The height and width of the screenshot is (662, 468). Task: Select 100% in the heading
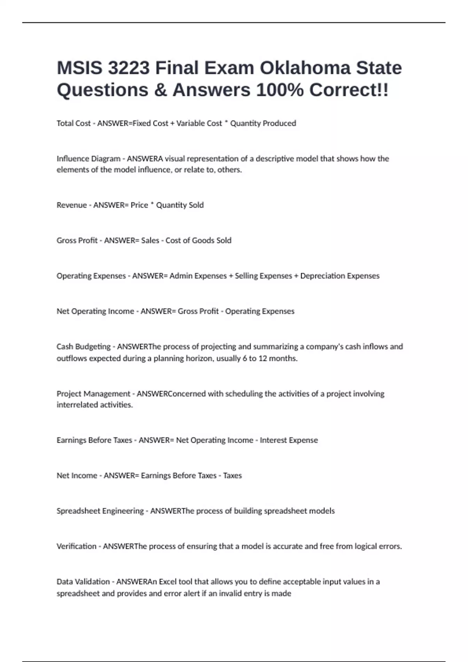(x=280, y=90)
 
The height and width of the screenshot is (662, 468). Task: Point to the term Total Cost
(x=73, y=123)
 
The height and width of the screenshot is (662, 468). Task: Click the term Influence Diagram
(x=88, y=159)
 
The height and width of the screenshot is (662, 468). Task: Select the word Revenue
(x=71, y=205)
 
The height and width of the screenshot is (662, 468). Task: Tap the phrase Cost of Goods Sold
(x=198, y=241)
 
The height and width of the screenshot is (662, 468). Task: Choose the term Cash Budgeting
(x=83, y=347)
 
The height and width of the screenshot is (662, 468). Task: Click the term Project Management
(x=93, y=394)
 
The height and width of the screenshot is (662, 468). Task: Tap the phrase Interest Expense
(x=289, y=440)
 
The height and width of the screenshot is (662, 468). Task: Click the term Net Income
(x=76, y=475)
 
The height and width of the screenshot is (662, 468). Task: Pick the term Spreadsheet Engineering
(x=100, y=511)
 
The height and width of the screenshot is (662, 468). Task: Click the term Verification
(x=76, y=546)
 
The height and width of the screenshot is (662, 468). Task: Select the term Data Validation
(x=83, y=582)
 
